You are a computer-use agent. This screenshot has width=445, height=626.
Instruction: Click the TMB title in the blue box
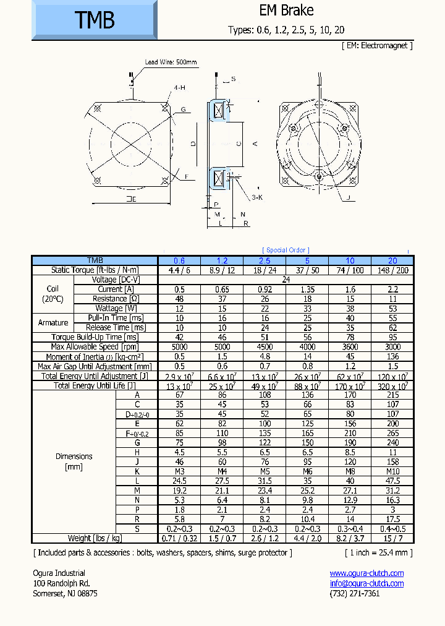(x=95, y=20)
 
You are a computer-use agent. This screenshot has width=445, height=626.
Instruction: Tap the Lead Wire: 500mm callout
(x=171, y=62)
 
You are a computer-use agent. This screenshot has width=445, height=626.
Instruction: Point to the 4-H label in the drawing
(x=179, y=88)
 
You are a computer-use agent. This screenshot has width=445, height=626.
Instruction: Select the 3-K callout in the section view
(x=257, y=197)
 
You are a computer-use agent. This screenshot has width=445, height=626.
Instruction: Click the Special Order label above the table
(x=286, y=250)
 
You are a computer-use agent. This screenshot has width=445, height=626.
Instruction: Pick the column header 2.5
(x=265, y=260)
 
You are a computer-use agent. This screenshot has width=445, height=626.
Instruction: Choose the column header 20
(x=392, y=260)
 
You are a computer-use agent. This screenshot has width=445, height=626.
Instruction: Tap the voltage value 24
(x=286, y=280)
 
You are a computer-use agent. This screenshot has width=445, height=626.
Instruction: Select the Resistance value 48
(x=179, y=299)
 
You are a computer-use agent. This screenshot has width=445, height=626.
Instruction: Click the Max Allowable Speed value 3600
(x=350, y=347)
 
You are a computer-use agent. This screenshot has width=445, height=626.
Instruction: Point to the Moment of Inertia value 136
(x=392, y=357)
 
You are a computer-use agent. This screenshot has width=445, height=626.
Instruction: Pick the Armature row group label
(x=53, y=322)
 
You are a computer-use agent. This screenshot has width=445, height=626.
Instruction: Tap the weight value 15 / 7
(x=392, y=538)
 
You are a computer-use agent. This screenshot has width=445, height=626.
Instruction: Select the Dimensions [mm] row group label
(x=74, y=461)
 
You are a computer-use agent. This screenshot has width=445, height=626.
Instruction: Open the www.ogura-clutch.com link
(x=367, y=573)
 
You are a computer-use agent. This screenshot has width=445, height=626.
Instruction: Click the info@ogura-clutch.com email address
(x=367, y=583)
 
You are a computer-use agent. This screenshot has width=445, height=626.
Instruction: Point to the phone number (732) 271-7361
(x=355, y=593)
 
